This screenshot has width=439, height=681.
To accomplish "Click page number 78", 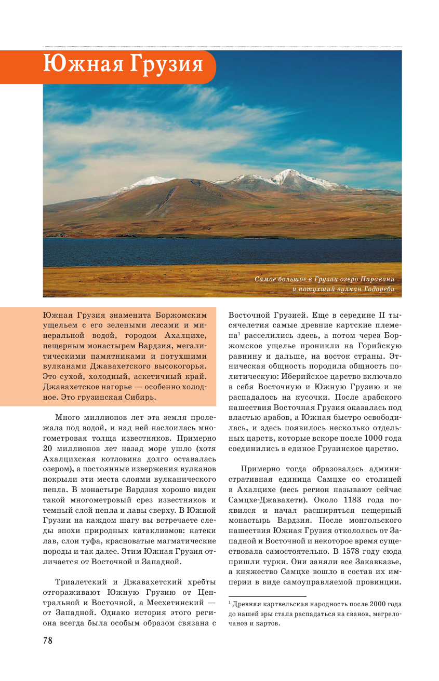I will point(48,641).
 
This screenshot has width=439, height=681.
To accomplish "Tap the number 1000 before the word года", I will point(373,439).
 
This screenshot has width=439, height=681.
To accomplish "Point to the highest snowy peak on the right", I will point(291,172).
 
